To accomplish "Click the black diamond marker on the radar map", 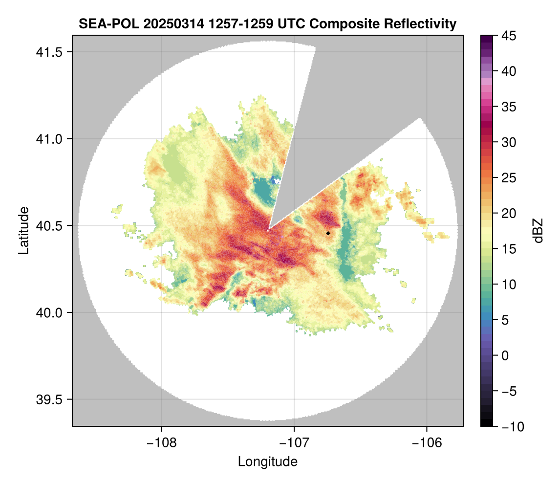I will pos(328,233).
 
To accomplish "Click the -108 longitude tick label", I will pos(161,443).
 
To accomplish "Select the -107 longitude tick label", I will pos(294,443).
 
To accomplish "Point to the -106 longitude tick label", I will pos(427,443).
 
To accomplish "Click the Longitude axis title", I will pos(268,461).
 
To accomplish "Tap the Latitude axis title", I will pos(23,230).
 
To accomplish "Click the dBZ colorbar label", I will pos(538,231).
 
